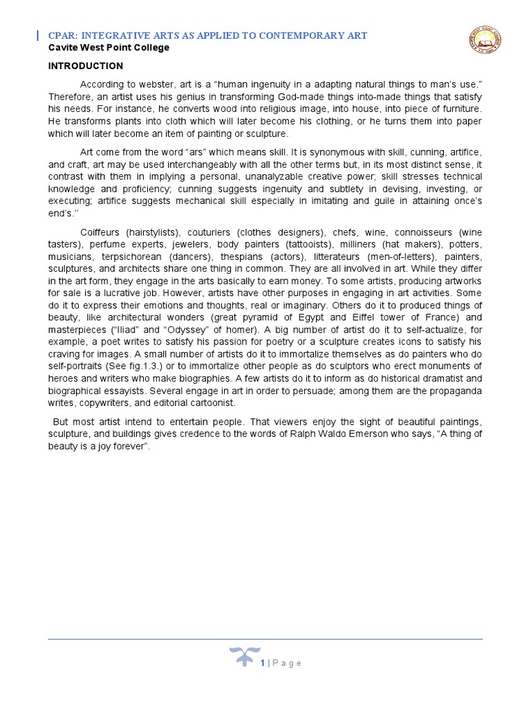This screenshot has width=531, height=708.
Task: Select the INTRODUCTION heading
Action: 85,66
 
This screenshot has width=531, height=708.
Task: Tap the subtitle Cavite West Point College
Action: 108,48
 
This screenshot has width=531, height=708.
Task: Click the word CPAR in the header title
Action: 61,35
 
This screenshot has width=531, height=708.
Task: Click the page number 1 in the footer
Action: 263,663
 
